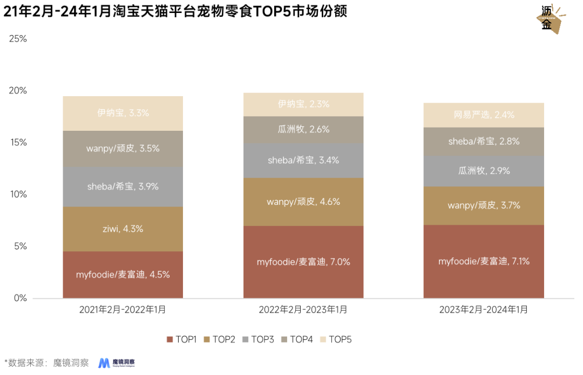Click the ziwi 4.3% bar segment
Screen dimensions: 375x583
coord(123,229)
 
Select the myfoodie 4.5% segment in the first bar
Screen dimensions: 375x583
coord(123,274)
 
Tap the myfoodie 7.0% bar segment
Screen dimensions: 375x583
coord(303,262)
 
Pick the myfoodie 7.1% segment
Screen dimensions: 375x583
coord(484,262)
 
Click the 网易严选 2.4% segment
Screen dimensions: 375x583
coord(484,115)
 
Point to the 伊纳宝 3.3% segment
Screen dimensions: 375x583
coord(123,113)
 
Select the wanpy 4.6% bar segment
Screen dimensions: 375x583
coord(303,202)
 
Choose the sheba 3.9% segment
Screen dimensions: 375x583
coord(123,186)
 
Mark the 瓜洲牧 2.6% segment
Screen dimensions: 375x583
coord(303,130)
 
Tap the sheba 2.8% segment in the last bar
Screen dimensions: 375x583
coord(484,142)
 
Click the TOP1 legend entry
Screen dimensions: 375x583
coord(181,339)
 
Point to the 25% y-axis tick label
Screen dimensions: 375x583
coord(18,39)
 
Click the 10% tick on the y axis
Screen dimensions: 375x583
coord(18,195)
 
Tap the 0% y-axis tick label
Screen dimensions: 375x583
coord(20,298)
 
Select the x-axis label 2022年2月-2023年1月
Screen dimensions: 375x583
coord(303,310)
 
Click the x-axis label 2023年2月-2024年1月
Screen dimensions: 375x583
coord(484,310)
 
